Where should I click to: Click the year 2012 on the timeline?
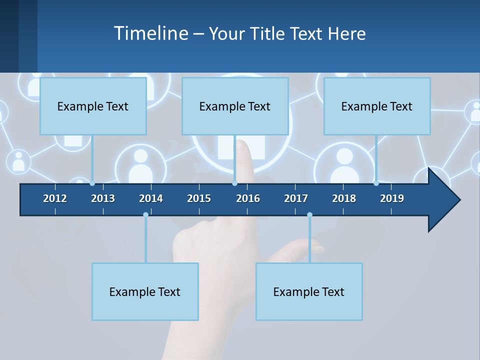click(55, 198)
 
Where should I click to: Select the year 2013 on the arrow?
click(103, 198)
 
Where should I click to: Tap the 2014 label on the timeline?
click(151, 198)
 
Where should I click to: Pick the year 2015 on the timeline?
click(199, 198)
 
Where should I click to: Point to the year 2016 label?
click(248, 198)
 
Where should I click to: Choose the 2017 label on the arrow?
click(296, 198)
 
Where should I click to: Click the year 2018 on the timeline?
click(344, 198)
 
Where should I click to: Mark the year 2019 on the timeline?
click(392, 198)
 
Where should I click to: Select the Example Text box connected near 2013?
click(93, 106)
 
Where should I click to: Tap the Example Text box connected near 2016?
click(235, 106)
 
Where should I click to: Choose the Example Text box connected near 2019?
click(377, 106)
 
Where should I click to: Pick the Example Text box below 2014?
click(145, 291)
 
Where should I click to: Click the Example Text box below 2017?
click(309, 291)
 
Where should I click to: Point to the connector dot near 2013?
click(92, 183)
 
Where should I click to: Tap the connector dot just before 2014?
click(145, 214)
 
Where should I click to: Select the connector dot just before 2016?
click(234, 183)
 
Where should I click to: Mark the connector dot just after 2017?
click(309, 214)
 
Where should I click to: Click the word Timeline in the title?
click(150, 33)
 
